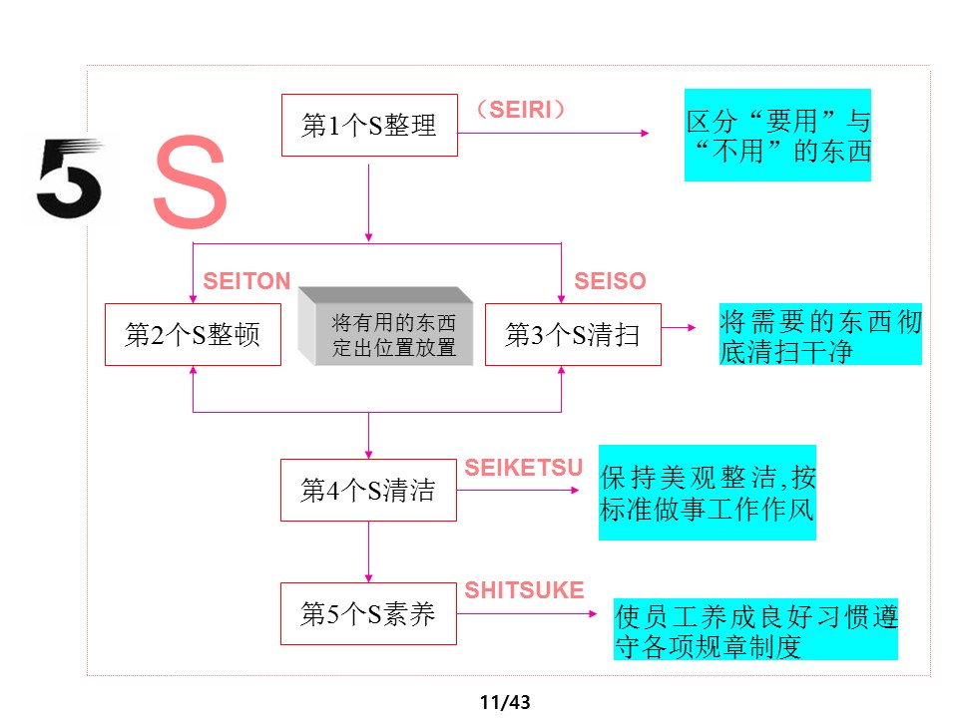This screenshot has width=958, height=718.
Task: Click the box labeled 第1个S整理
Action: coord(369,125)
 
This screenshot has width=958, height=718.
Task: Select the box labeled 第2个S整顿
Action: coord(193,335)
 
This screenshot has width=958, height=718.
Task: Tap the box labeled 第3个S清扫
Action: coord(573,335)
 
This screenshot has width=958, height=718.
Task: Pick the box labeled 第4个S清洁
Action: coord(368,490)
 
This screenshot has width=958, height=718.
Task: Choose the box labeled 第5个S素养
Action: coord(368,613)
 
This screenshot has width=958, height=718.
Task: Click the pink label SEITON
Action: coord(246,282)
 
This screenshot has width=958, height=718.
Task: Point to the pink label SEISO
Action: coord(610,282)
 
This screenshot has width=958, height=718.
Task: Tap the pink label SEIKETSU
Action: coord(524,468)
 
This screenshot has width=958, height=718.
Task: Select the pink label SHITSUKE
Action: coord(525,590)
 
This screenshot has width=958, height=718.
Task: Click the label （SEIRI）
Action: coord(521,110)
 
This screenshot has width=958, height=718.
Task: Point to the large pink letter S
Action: coord(190,185)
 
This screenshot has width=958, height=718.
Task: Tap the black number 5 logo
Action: coord(68,179)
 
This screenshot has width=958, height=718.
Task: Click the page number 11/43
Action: coord(504,702)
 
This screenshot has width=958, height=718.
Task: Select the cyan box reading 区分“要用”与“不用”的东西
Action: coord(777,136)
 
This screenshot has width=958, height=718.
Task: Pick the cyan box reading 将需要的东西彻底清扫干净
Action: coord(820,335)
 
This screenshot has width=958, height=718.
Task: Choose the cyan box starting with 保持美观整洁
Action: coord(707,493)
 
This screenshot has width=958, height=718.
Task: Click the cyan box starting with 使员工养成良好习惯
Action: coord(755,630)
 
